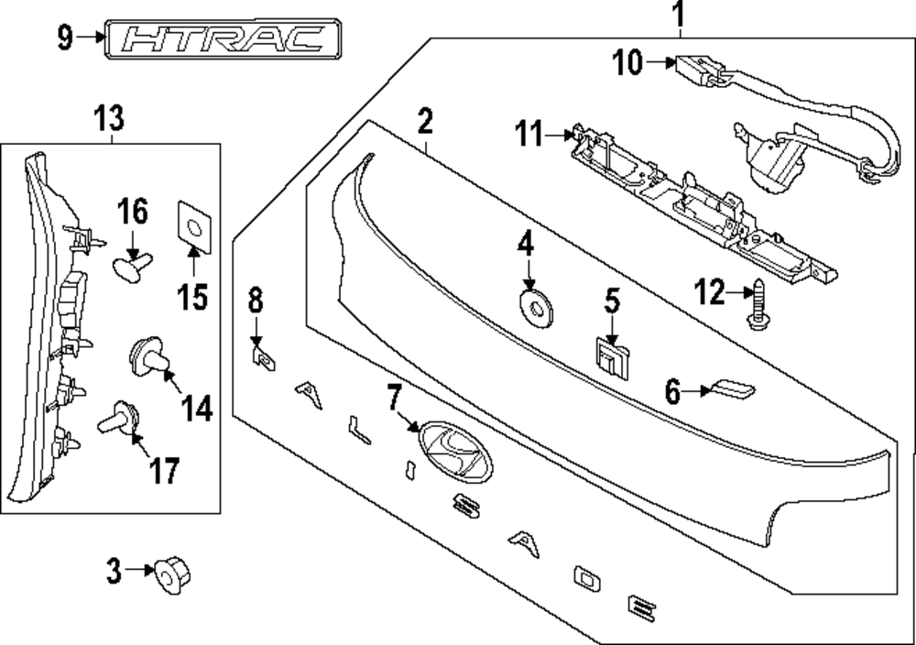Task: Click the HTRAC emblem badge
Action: [223, 39]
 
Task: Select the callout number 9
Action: [65, 38]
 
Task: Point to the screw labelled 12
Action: [758, 304]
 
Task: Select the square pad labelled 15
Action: [194, 227]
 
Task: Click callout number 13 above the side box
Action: [110, 118]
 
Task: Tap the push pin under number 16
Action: [132, 268]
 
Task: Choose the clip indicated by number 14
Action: [148, 355]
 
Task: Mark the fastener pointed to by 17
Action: [119, 418]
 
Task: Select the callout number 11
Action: [529, 134]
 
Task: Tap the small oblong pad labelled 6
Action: [729, 389]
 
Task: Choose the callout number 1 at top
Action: [678, 16]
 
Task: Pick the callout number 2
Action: [425, 121]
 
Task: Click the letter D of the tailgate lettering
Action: [587, 578]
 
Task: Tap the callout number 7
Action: [394, 399]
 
